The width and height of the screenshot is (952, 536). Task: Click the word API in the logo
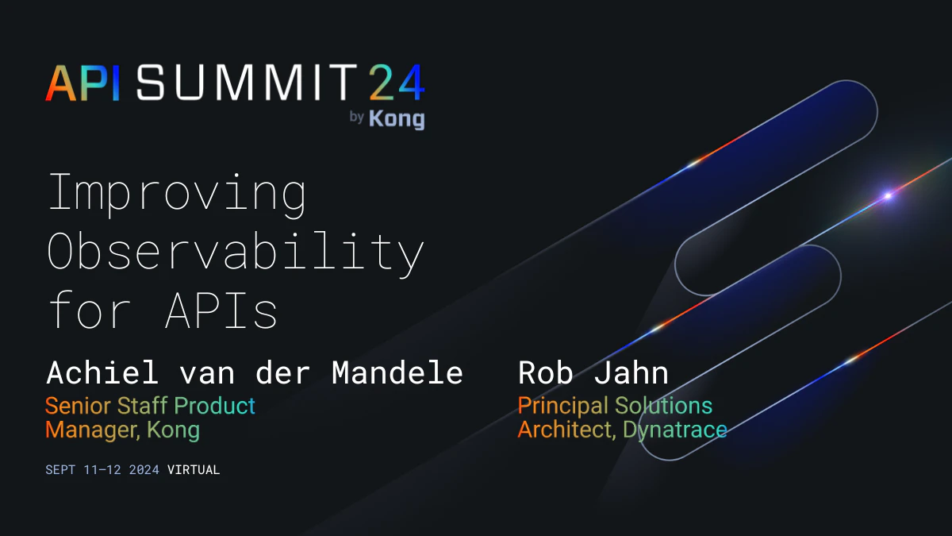[83, 83]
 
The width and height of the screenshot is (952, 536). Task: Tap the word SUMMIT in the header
[247, 83]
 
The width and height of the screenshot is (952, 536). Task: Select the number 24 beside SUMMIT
[397, 83]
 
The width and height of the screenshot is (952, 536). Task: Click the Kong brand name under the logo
[397, 118]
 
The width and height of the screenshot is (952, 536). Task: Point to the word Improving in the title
[177, 195]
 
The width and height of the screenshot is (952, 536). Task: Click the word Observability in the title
[236, 253]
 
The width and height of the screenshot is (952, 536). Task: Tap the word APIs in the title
[221, 310]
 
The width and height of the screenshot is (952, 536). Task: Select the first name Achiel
[102, 372]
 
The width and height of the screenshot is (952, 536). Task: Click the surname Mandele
[397, 372]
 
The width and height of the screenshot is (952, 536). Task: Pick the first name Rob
[545, 372]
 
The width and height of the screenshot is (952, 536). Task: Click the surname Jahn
[631, 372]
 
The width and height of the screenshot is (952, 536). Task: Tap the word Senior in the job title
[79, 406]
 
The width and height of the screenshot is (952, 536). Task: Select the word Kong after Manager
[174, 430]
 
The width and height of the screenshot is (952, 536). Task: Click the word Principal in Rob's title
[563, 406]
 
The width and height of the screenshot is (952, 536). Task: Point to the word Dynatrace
[675, 430]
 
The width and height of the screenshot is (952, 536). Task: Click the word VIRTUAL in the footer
[194, 469]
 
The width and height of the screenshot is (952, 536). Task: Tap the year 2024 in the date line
[144, 469]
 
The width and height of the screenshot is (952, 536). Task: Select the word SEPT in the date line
[60, 469]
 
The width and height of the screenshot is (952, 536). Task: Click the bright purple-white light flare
[888, 195]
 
